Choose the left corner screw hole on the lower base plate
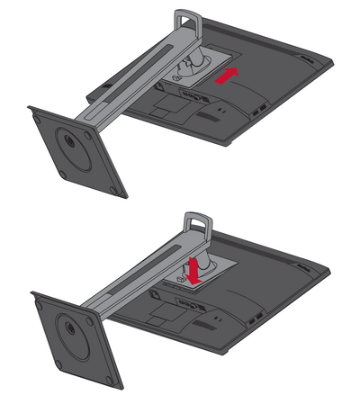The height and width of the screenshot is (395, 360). click(x=36, y=299)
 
